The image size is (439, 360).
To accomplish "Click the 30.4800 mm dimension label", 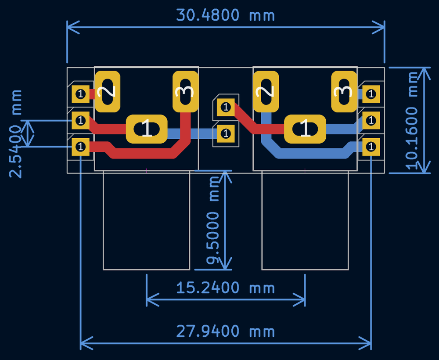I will tap(225, 15).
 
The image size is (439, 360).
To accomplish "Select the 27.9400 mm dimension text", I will tap(225, 331).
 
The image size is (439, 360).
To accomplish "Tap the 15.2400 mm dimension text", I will tap(225, 288).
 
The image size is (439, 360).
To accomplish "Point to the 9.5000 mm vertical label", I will tap(214, 220).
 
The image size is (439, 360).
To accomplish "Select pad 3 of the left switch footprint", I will tap(185, 91).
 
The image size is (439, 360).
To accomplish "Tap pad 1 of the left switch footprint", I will tap(146, 129).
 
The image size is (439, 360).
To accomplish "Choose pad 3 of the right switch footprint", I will tap(344, 91).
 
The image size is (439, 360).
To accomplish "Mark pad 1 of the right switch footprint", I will tap(305, 129).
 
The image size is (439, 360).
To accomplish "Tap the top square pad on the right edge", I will tap(371, 94).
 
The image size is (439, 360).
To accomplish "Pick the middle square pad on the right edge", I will tap(371, 120).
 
